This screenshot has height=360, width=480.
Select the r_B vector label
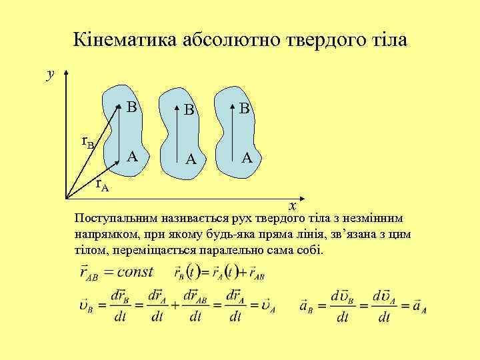[x=88, y=141]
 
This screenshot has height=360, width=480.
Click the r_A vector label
[x=101, y=184]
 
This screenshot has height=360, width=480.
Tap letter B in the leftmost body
[x=132, y=107]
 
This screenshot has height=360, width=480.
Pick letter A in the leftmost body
[x=133, y=157]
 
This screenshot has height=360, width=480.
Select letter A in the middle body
[x=191, y=159]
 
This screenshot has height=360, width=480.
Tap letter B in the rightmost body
[x=244, y=108]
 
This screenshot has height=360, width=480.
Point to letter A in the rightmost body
[x=247, y=158]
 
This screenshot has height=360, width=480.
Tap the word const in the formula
[x=134, y=272]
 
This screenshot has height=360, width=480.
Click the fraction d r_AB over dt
[x=195, y=306]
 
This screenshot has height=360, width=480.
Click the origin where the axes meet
[x=66, y=198]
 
